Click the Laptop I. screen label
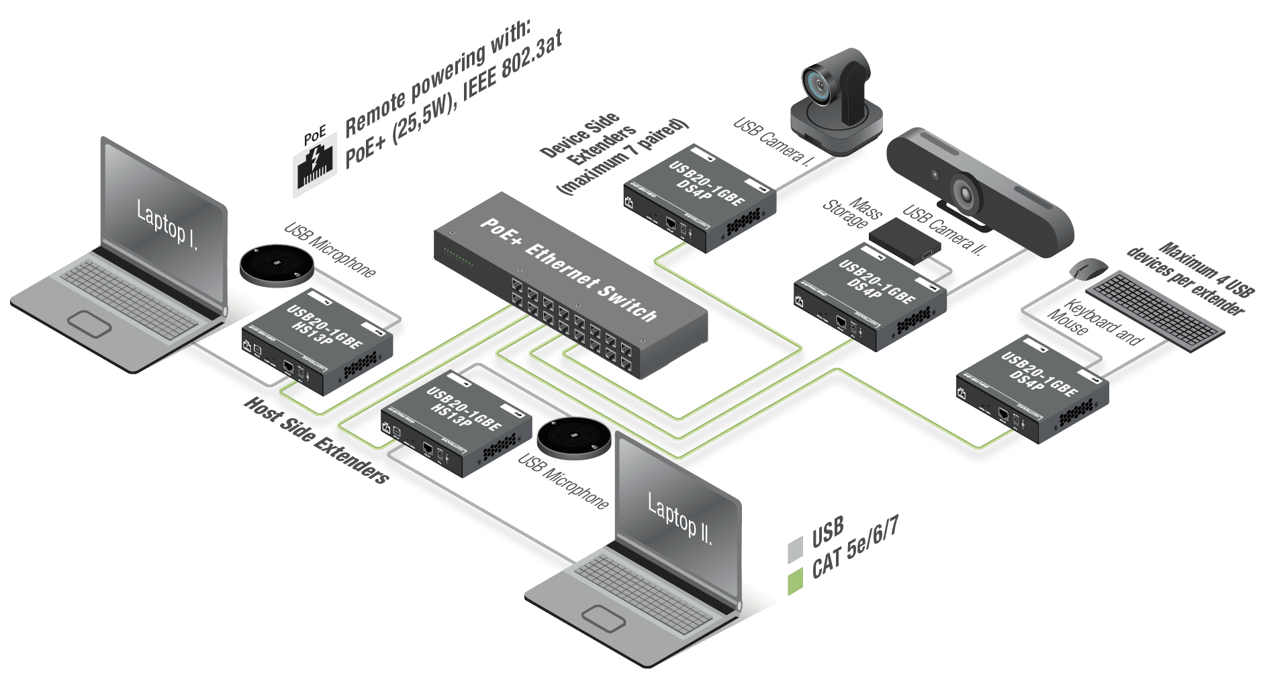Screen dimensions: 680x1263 click(x=167, y=224)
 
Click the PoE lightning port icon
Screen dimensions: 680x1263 click(x=314, y=165)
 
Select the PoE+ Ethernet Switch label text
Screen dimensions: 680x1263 click(x=569, y=269)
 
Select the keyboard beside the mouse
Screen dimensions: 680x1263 click(x=1155, y=308)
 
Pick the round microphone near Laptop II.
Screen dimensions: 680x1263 click(x=574, y=437)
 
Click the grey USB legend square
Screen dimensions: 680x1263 click(x=795, y=549)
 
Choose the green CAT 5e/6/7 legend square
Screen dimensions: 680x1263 click(x=795, y=581)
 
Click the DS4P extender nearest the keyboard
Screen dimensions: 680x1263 click(x=1033, y=389)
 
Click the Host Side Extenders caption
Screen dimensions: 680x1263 click(x=316, y=440)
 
